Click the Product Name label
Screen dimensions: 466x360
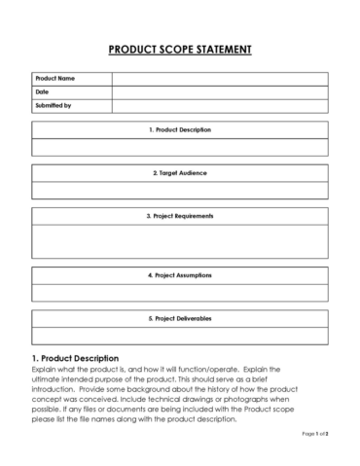click(x=55, y=78)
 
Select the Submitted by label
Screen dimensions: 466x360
click(x=54, y=105)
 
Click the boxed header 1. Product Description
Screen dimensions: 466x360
click(x=180, y=129)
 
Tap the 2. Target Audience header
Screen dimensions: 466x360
click(x=180, y=172)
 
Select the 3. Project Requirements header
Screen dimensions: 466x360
click(x=180, y=215)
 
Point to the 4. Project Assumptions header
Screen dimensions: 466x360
click(x=180, y=274)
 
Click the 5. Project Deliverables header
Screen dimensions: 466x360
click(x=180, y=317)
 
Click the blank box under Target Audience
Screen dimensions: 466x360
click(x=180, y=190)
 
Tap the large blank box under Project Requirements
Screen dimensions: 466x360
click(x=180, y=240)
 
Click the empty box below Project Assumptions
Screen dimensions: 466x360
click(x=180, y=292)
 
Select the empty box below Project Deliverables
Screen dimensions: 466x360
click(x=180, y=335)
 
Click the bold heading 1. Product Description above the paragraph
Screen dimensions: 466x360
click(x=76, y=358)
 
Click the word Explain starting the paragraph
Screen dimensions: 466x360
click(x=46, y=370)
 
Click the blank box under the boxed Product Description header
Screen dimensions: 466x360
click(x=180, y=147)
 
